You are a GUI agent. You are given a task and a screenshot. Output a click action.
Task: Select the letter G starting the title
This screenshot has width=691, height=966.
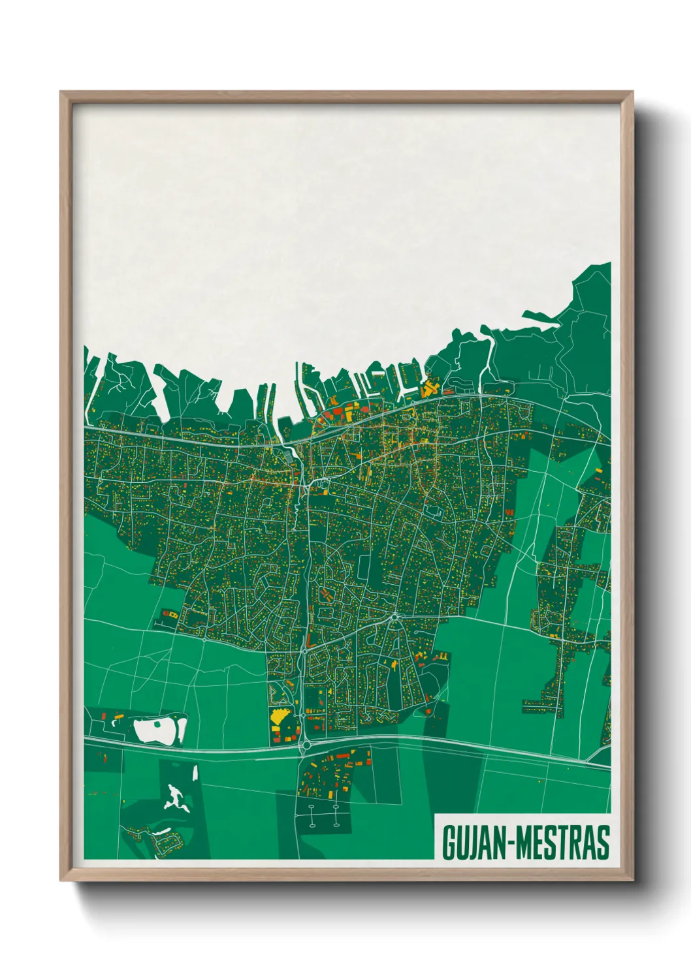pyautogui.click(x=449, y=843)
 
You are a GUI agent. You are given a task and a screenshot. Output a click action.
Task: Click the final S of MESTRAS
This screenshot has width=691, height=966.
pyautogui.click(x=603, y=843)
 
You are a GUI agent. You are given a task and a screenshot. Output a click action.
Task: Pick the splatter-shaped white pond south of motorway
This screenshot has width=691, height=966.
pyautogui.click(x=175, y=798)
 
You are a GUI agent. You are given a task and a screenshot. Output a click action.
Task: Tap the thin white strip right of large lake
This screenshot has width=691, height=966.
pyautogui.click(x=184, y=728)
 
